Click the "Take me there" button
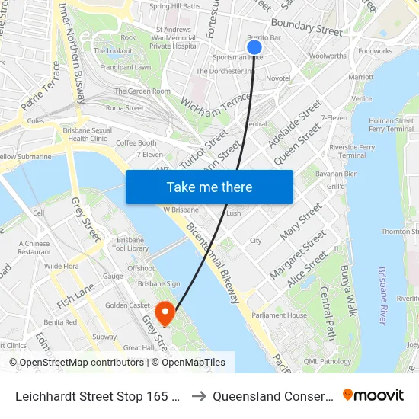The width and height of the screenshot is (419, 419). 209,187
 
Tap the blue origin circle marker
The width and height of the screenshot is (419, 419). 254,47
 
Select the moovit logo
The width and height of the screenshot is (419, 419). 373,395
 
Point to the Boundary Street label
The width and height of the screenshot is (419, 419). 307,29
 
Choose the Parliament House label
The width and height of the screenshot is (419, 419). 280,315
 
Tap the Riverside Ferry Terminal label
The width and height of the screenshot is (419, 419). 352,151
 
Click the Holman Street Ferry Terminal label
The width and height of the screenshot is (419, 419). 391,125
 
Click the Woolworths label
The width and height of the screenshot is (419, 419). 328,56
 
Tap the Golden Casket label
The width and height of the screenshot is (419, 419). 127,305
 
